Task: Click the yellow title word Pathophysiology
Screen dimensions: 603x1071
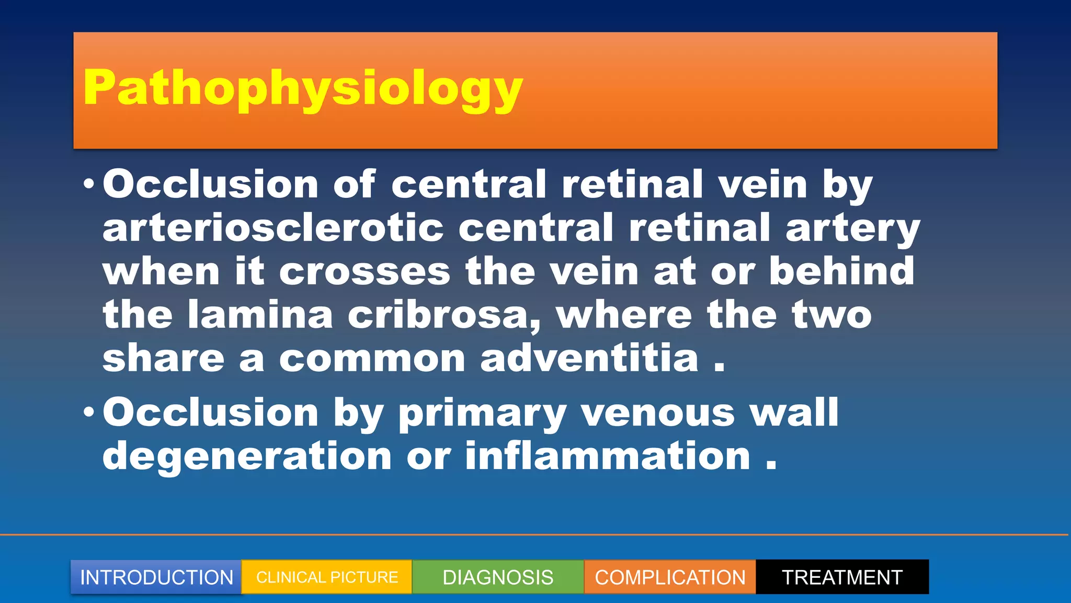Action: point(302,88)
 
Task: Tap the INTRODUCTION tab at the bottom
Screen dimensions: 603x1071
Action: point(156,577)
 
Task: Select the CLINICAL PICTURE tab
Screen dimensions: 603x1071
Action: point(327,577)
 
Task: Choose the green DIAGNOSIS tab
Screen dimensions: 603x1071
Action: point(498,577)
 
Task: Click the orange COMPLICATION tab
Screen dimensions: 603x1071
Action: point(670,577)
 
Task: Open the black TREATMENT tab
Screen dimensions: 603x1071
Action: point(842,577)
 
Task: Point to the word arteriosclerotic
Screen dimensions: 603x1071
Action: point(273,228)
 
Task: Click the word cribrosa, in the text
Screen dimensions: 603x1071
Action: point(444,316)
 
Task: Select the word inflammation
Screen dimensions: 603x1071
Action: point(608,456)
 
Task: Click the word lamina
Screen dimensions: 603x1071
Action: point(260,315)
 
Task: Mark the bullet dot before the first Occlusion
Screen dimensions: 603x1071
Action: point(89,185)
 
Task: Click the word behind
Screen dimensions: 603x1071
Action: point(841,271)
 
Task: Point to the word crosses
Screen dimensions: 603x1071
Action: point(364,272)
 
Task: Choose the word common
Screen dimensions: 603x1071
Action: point(372,359)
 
